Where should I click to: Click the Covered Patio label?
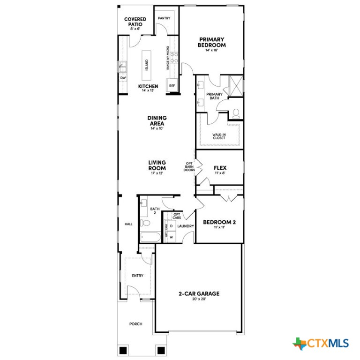[x=135, y=22]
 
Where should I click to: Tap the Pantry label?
[x=164, y=18]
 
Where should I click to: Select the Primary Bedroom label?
[x=212, y=43]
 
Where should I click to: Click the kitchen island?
[x=147, y=64]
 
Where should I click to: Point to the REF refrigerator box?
[x=172, y=86]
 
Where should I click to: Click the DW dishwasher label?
[x=123, y=78]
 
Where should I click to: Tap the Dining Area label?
[x=157, y=121]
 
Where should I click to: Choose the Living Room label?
[x=157, y=165]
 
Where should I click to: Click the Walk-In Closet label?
[x=220, y=136]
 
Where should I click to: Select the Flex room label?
[x=220, y=168]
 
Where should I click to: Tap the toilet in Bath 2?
[x=146, y=223]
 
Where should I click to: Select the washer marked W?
[x=171, y=237]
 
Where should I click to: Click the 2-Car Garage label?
[x=199, y=294]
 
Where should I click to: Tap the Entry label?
[x=137, y=276]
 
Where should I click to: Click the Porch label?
[x=135, y=324]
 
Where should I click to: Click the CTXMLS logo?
[x=321, y=344]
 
